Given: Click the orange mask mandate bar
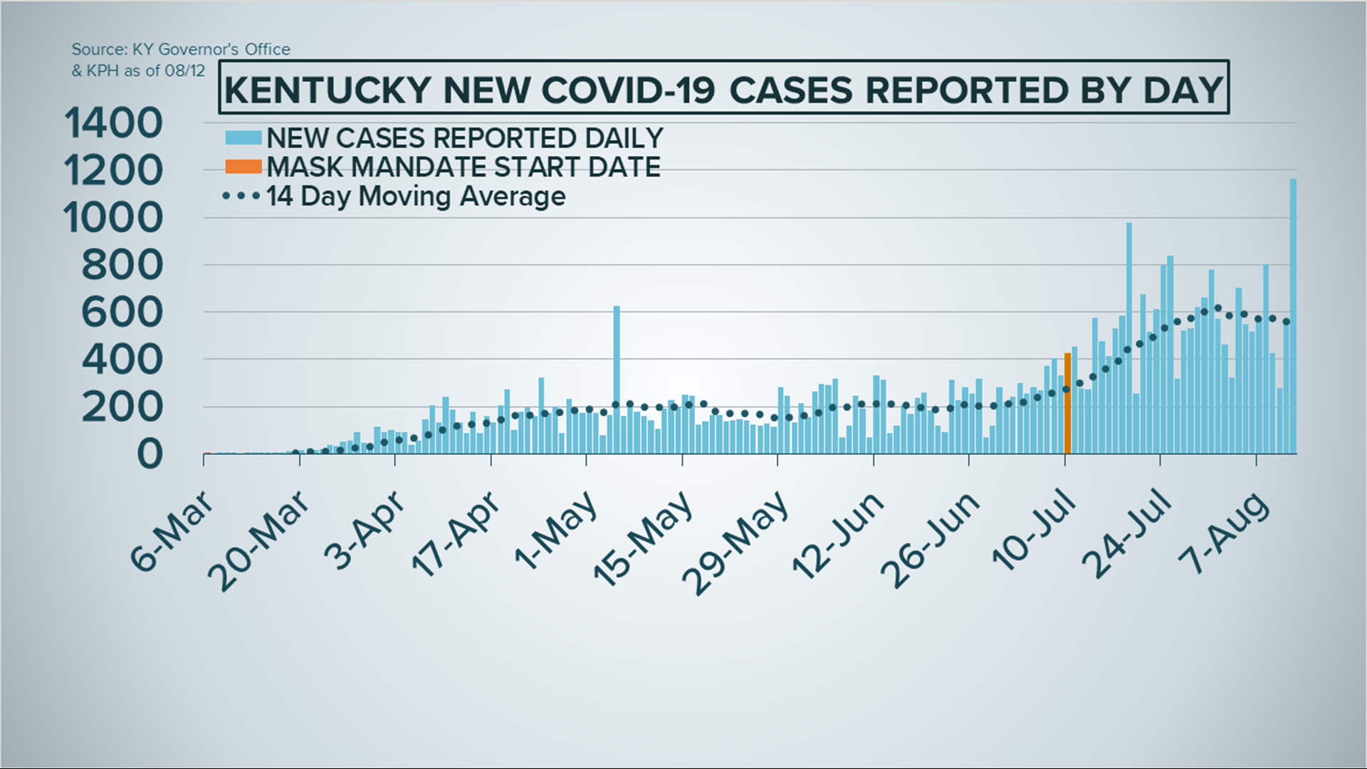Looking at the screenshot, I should click(x=1067, y=403).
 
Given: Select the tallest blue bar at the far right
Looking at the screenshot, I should click(x=1293, y=317).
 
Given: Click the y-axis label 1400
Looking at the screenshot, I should click(x=114, y=123).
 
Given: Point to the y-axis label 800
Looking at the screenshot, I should click(x=122, y=266).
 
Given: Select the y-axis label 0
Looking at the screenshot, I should click(x=150, y=454).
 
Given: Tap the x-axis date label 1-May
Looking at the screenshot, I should click(x=556, y=530).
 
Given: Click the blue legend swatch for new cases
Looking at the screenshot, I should click(x=243, y=137).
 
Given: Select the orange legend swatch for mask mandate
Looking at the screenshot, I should click(x=243, y=167).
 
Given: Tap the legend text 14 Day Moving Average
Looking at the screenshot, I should click(x=416, y=197).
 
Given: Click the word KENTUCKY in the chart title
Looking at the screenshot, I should click(x=328, y=90).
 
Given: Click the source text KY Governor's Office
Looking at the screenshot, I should click(x=211, y=49).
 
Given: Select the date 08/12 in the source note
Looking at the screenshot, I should click(x=185, y=70).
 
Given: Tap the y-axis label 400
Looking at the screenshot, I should click(x=122, y=360).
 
